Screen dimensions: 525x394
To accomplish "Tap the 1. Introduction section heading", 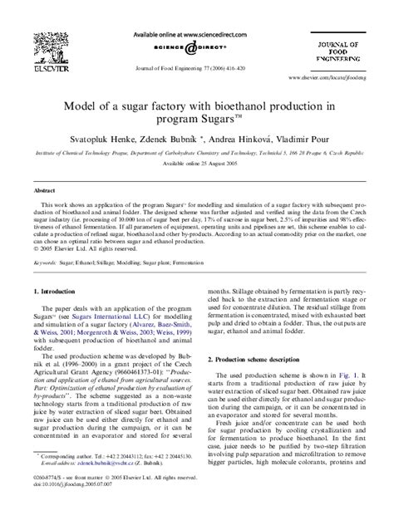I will point(56,292).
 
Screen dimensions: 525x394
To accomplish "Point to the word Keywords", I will point(45,261).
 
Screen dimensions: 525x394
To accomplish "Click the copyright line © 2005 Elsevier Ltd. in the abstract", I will point(78,248).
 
